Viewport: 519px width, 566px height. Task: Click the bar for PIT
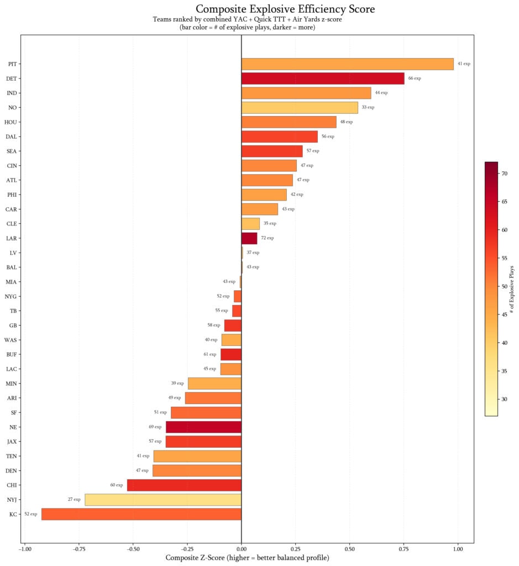point(347,64)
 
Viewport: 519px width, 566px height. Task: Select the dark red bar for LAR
point(249,238)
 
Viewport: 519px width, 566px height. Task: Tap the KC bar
point(141,514)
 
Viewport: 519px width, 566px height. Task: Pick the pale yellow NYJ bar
point(163,500)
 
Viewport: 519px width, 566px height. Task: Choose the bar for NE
point(203,427)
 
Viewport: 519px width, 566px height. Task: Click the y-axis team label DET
point(11,78)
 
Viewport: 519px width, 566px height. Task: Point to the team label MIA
point(11,282)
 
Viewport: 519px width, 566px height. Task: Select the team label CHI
point(11,485)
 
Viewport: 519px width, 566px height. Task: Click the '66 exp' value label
point(415,78)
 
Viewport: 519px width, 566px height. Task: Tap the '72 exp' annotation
point(267,238)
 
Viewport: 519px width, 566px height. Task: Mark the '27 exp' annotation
point(74,500)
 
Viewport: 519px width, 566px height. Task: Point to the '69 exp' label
point(155,427)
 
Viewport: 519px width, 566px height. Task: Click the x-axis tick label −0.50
point(133,549)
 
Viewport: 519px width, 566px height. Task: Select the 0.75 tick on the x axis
point(404,549)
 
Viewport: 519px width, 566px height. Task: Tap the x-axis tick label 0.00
point(242,549)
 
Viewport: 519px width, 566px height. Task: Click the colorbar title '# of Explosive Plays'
point(513,289)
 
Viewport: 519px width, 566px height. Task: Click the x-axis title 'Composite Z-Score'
point(247,558)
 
